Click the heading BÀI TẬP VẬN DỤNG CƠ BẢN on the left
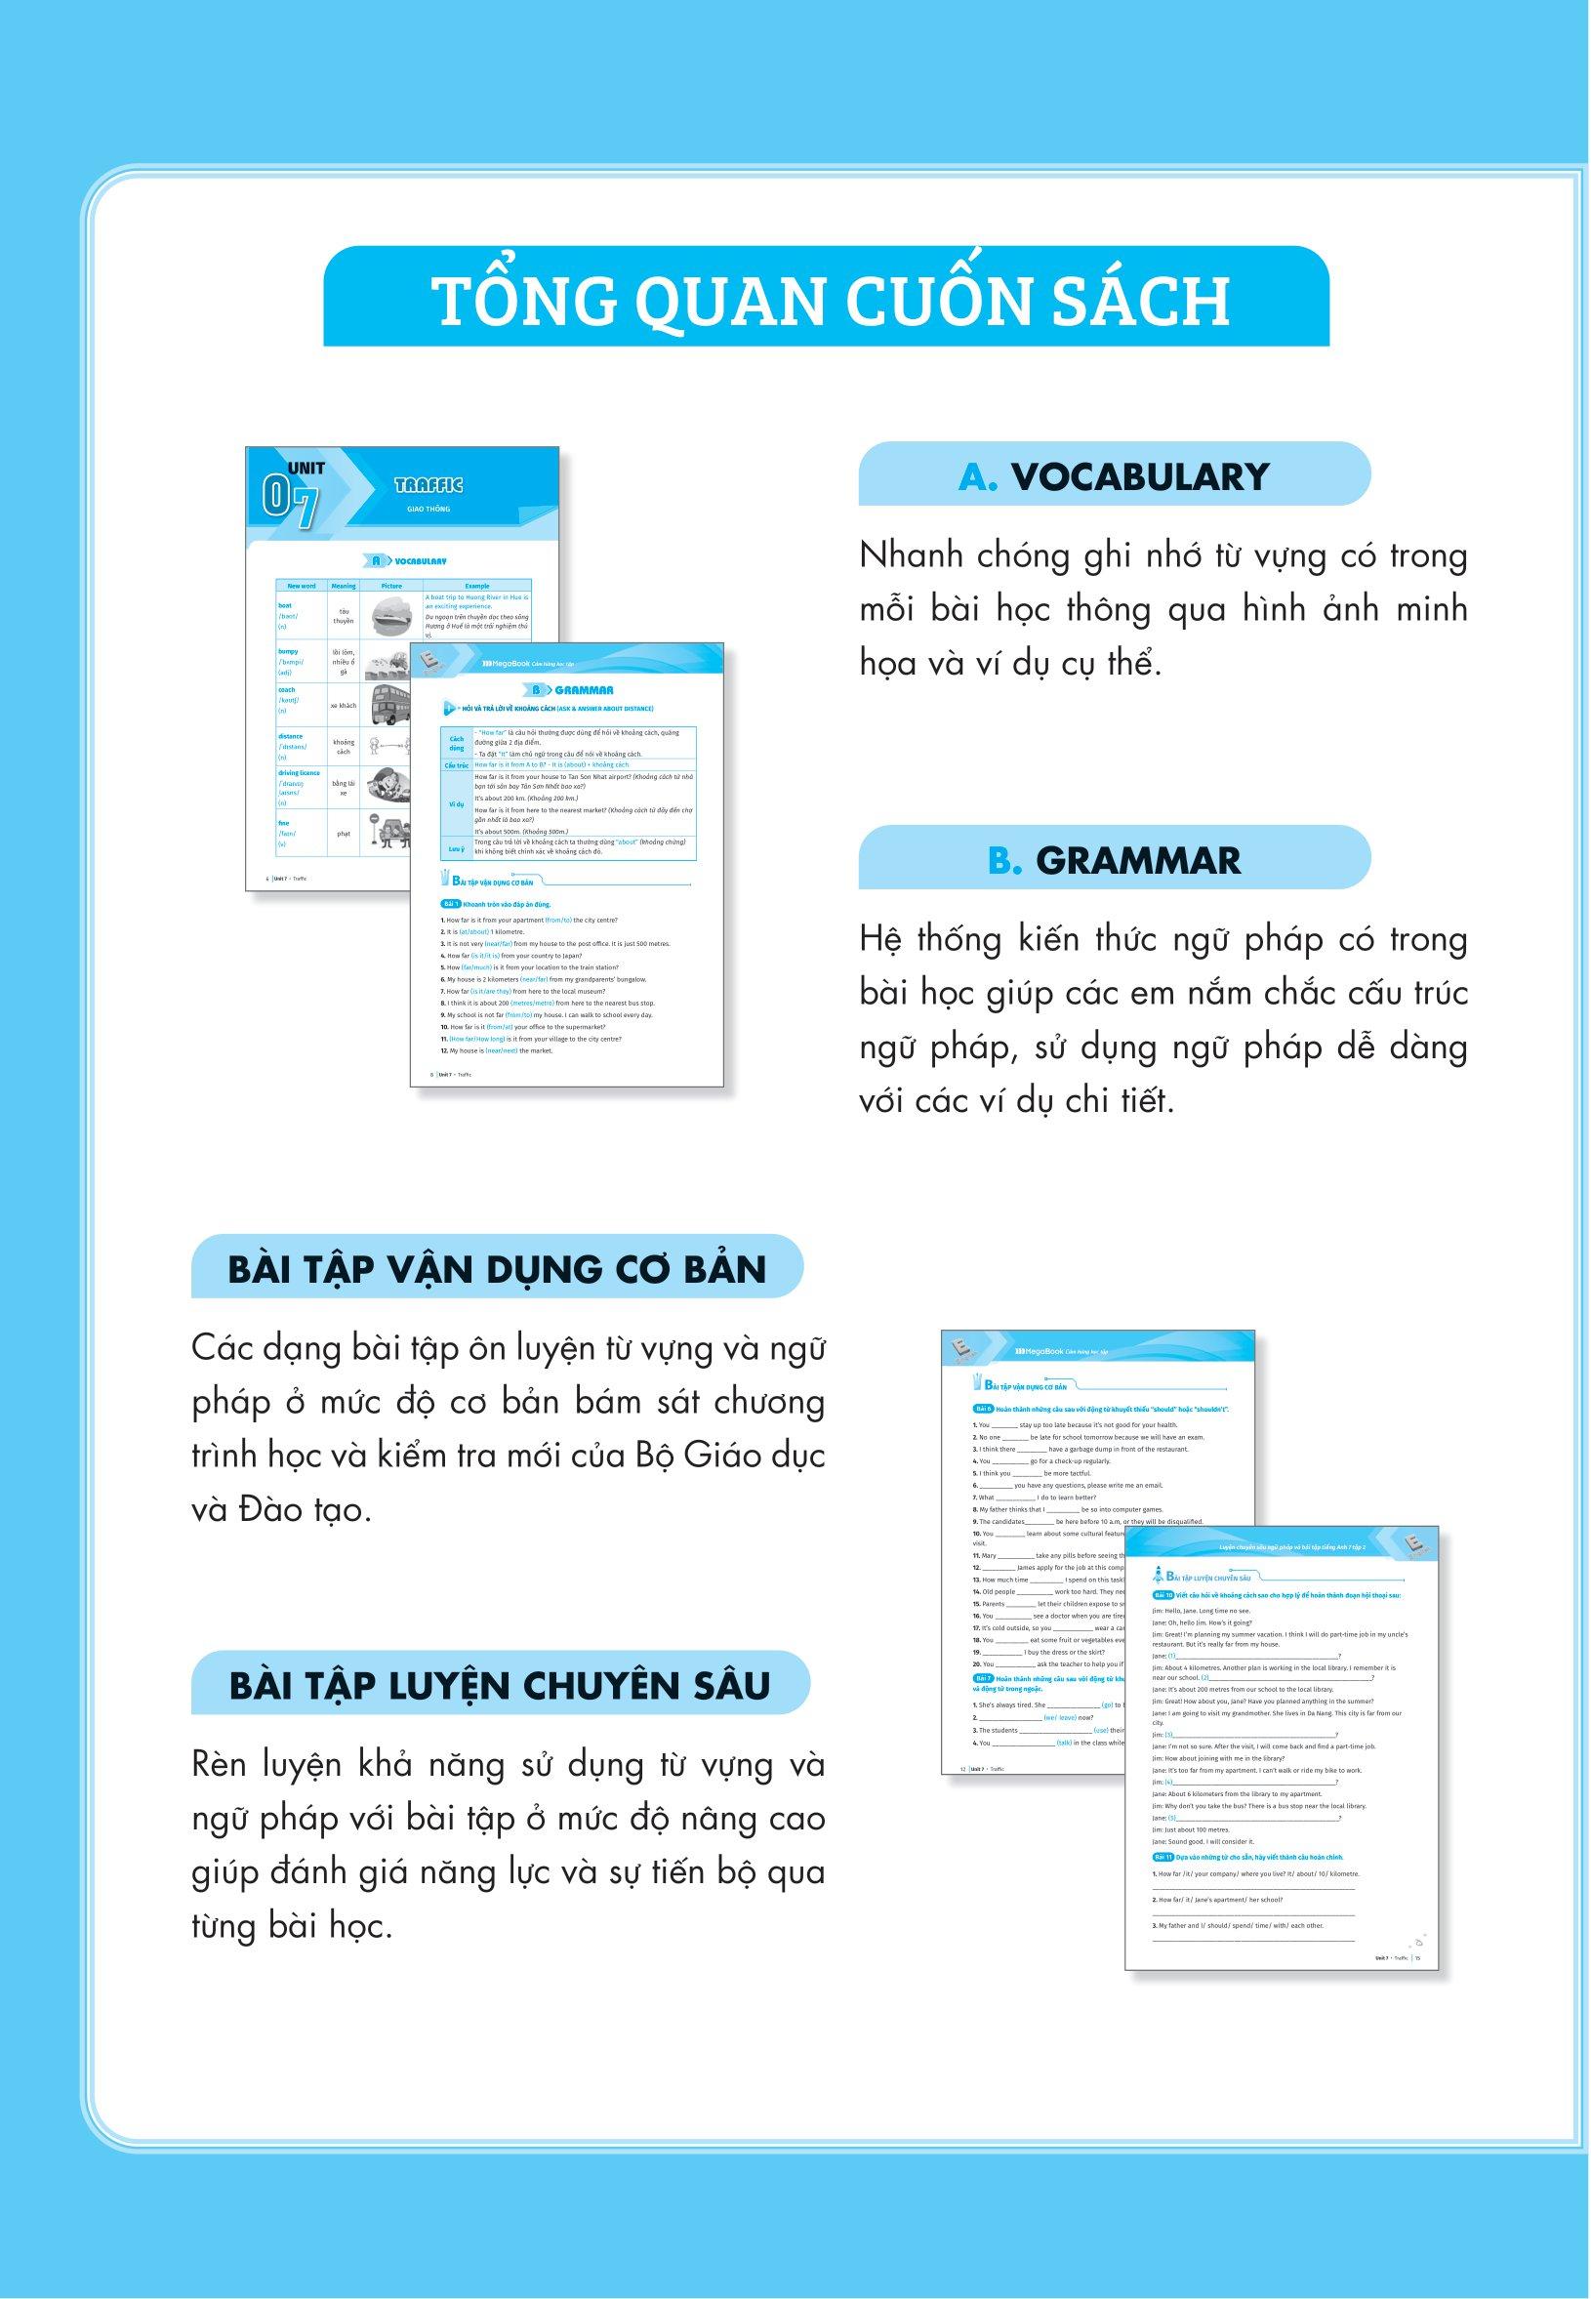coord(498,1269)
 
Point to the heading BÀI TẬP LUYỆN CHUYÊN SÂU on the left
coord(500,1685)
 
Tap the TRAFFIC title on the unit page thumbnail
coord(428,485)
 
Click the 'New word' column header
coord(301,586)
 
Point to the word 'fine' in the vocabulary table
coord(284,824)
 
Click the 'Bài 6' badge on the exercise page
coord(983,1408)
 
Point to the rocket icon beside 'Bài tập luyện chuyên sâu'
coord(1158,1577)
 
